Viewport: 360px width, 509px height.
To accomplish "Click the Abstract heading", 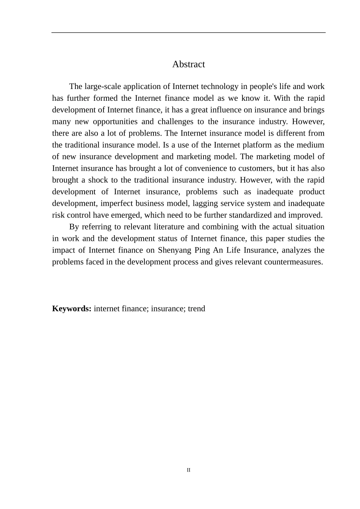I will click(x=188, y=64).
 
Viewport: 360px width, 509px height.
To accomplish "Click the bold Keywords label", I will click(x=72, y=309).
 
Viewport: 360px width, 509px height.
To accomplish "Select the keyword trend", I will click(x=196, y=309).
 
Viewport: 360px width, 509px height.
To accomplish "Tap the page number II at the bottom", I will click(x=188, y=470).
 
